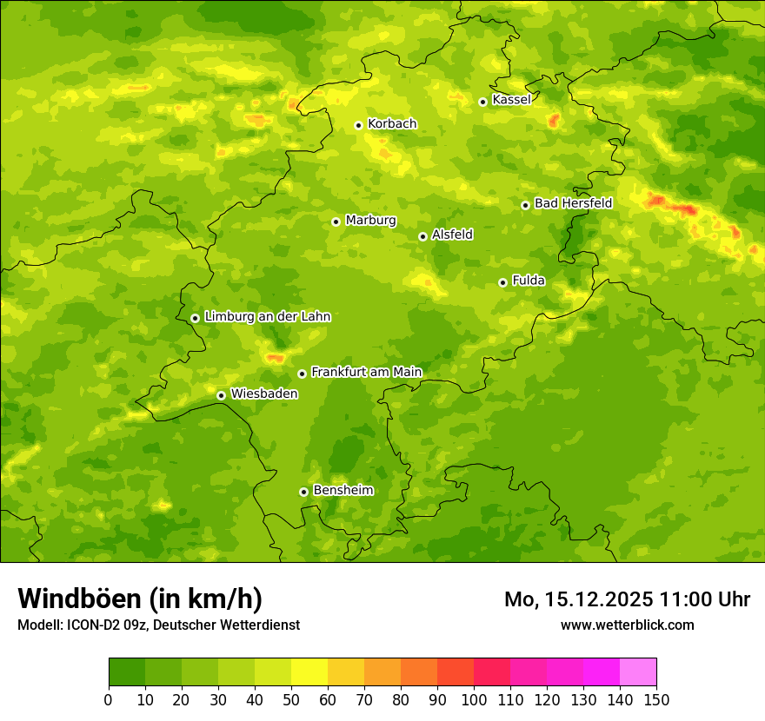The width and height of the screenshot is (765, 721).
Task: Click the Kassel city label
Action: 511,100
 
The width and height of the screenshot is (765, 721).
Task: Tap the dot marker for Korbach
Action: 358,125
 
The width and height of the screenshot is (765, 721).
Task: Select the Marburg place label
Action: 370,221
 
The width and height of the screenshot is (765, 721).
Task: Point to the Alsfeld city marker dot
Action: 422,236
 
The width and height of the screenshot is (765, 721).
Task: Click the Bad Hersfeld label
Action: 573,203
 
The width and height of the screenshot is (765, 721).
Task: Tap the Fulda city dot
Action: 502,282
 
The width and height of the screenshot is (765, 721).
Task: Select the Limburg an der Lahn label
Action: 267,317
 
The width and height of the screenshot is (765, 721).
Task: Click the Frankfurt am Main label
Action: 366,373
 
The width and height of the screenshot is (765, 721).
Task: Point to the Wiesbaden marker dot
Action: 221,395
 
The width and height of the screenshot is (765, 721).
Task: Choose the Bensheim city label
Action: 343,491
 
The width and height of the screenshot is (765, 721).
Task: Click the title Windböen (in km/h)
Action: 139,599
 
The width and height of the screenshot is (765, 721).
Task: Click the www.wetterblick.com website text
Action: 627,625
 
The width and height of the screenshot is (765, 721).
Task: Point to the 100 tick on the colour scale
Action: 474,699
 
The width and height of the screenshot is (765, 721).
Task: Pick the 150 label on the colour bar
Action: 656,699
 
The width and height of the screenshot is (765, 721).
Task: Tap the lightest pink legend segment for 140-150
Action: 638,672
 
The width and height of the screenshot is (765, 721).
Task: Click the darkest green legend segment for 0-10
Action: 127,672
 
